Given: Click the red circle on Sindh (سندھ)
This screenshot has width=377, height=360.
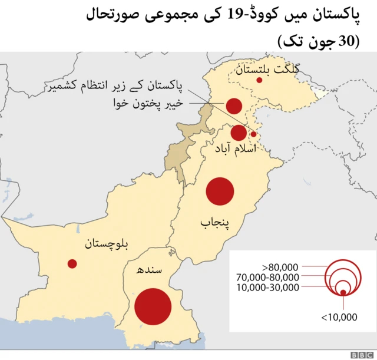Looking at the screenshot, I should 153,306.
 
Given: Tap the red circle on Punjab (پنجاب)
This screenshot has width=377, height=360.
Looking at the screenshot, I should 220,192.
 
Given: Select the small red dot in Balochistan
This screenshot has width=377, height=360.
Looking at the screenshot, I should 72,264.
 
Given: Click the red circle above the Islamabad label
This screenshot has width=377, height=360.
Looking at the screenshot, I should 239,133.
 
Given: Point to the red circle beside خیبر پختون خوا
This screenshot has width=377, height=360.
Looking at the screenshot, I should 234,106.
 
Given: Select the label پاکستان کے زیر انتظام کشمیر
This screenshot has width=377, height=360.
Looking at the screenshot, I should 115,88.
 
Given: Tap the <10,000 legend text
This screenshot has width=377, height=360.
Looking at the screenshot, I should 339,317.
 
